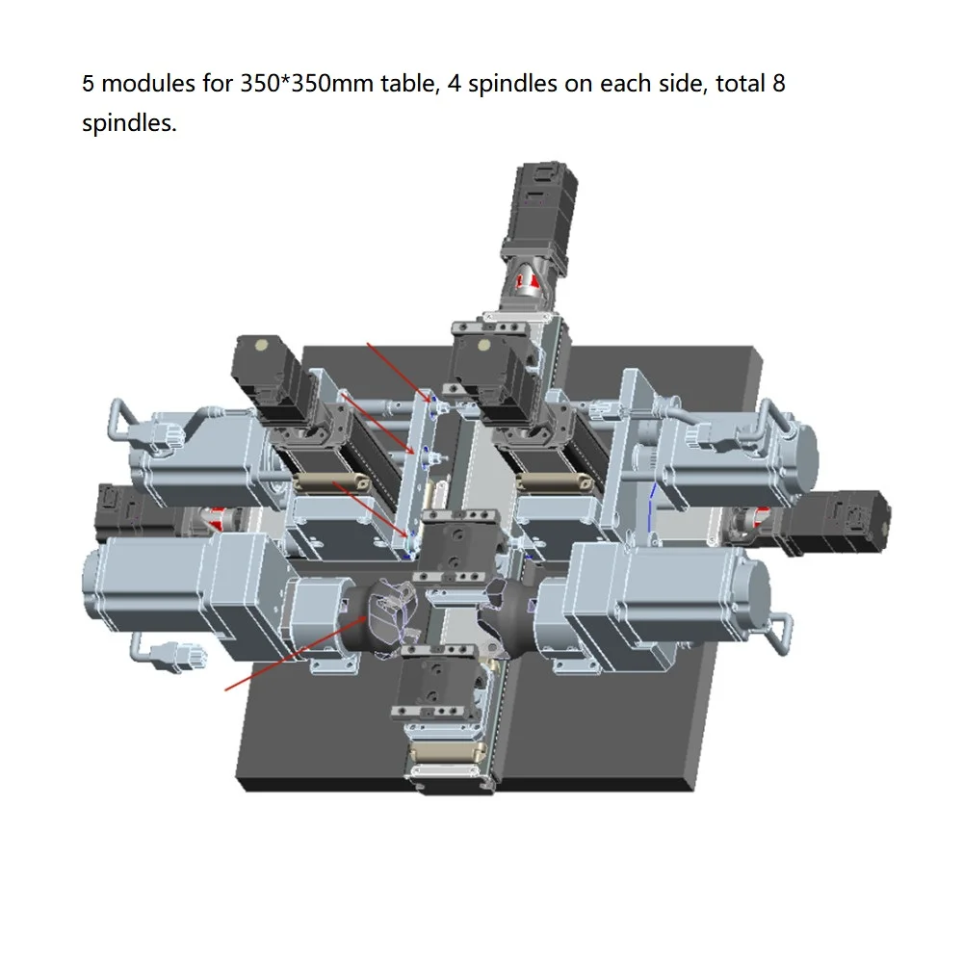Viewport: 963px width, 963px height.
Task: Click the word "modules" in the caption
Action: click(x=147, y=84)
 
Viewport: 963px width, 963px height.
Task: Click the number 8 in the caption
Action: click(x=779, y=84)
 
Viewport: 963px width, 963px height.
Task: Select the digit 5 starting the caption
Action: click(x=88, y=84)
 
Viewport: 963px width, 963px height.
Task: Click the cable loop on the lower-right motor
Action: click(x=782, y=631)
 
